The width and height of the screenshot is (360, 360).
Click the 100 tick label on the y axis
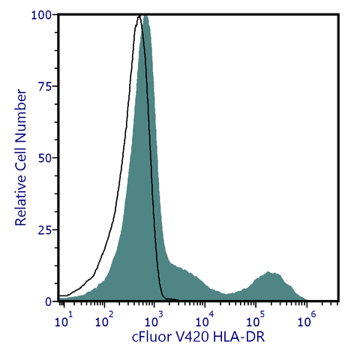[42, 15]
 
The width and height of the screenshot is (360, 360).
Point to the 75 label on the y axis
[45, 86]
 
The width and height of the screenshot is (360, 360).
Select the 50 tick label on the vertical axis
[45, 158]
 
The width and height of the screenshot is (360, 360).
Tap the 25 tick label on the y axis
[45, 229]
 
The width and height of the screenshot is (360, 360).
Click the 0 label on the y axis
[48, 301]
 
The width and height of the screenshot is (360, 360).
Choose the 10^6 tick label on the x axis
[304, 319]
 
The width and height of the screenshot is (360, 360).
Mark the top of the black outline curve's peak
[138, 16]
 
